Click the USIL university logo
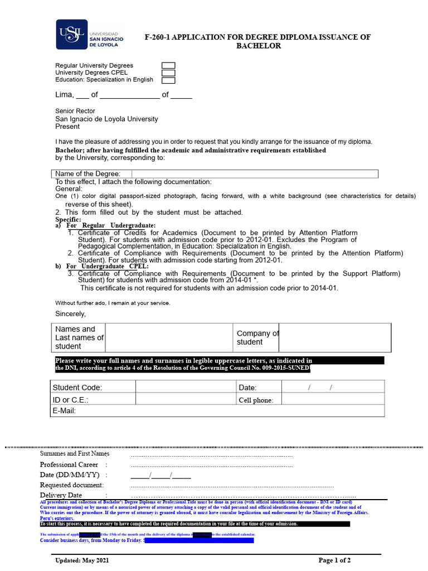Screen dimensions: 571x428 tap(90, 35)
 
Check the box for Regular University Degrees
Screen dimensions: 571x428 tap(168, 66)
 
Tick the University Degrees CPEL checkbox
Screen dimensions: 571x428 tap(168, 73)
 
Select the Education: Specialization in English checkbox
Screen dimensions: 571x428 tap(168, 80)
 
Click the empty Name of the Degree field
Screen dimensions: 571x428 tap(255, 174)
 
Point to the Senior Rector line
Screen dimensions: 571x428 tap(75, 111)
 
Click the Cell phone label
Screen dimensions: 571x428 tap(256, 400)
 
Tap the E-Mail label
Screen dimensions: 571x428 tap(64, 411)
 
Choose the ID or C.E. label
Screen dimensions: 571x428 tap(71, 400)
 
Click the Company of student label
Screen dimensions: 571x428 tap(257, 337)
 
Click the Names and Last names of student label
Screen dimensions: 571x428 tap(79, 337)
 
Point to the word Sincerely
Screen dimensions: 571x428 tap(71, 314)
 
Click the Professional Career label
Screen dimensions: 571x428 tap(69, 465)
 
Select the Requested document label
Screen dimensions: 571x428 tap(71, 485)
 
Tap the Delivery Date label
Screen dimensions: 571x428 tap(61, 495)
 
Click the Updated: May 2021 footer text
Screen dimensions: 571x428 tap(83, 560)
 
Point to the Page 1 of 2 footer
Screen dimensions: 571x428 tap(334, 560)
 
